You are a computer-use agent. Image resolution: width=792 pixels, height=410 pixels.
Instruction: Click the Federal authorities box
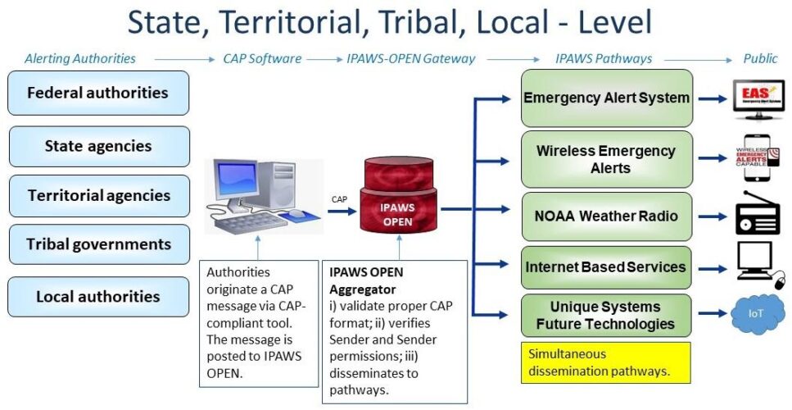pyautogui.click(x=98, y=93)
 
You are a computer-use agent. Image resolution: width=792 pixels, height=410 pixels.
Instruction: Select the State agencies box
pyautogui.click(x=98, y=147)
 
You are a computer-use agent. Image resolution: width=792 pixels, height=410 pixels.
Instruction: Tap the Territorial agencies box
pyautogui.click(x=98, y=196)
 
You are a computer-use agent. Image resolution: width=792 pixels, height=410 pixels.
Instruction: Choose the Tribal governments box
pyautogui.click(x=98, y=244)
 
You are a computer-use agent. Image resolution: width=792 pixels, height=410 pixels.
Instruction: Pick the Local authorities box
pyautogui.click(x=98, y=297)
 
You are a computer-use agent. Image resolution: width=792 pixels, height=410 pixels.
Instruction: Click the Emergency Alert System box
pyautogui.click(x=606, y=98)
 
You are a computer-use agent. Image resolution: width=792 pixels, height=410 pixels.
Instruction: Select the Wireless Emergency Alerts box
pyautogui.click(x=606, y=159)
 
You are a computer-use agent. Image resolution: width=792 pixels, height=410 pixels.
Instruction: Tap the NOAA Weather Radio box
pyautogui.click(x=606, y=216)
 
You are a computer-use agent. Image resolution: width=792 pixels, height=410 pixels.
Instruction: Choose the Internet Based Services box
pyautogui.click(x=606, y=266)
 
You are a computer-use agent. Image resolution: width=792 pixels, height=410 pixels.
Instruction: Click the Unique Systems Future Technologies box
pyautogui.click(x=606, y=315)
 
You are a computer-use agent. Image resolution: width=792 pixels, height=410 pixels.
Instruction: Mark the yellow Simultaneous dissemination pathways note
pyautogui.click(x=606, y=362)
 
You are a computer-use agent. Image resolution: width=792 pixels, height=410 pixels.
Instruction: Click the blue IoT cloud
pyautogui.click(x=758, y=315)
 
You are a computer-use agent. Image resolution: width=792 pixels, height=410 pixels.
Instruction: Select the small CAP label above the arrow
pyautogui.click(x=339, y=198)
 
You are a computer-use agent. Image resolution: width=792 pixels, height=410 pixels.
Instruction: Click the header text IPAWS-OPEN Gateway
pyautogui.click(x=411, y=58)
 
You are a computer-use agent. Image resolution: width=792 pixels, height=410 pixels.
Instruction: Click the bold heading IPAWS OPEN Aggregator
pyautogui.click(x=367, y=280)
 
